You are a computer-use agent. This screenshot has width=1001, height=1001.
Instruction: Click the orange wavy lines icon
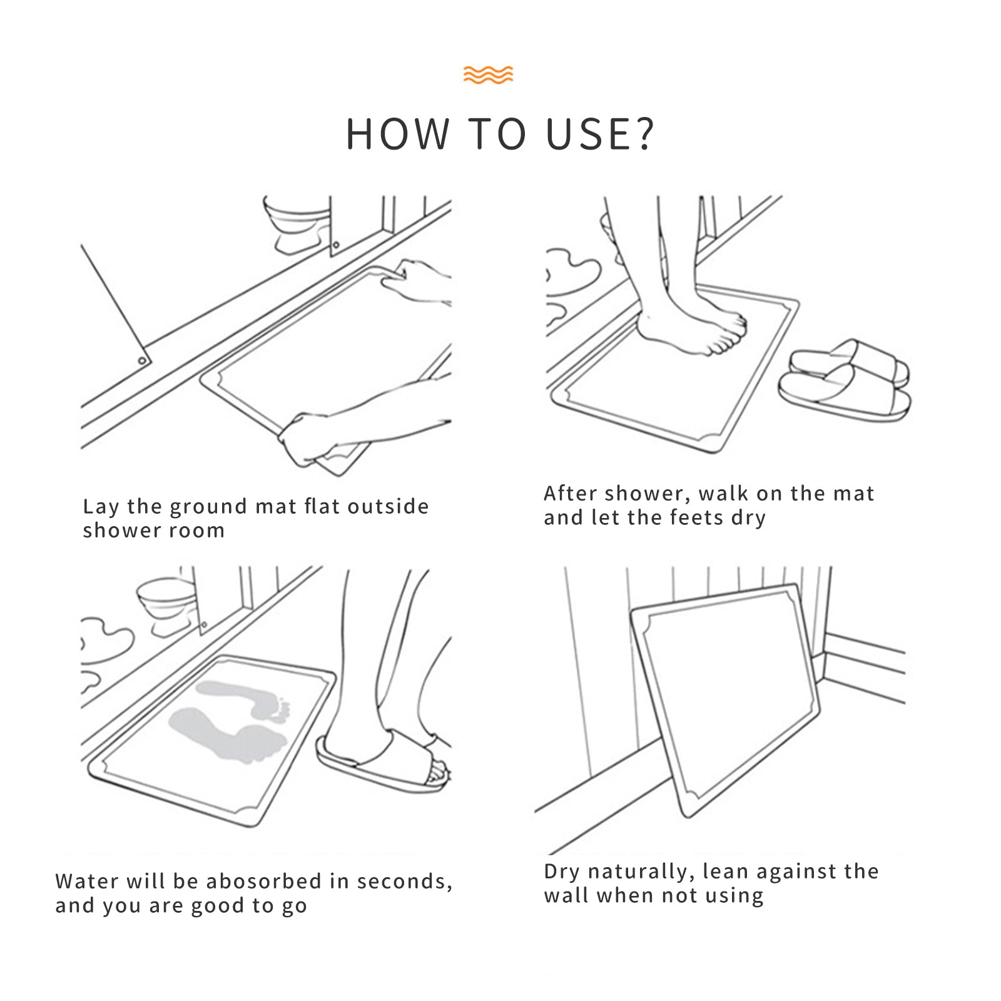(488, 74)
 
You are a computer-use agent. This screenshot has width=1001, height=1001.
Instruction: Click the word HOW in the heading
(398, 134)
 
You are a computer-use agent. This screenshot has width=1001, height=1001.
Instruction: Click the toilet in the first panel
(297, 224)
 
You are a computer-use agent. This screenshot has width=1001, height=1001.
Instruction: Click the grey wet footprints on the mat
(230, 721)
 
